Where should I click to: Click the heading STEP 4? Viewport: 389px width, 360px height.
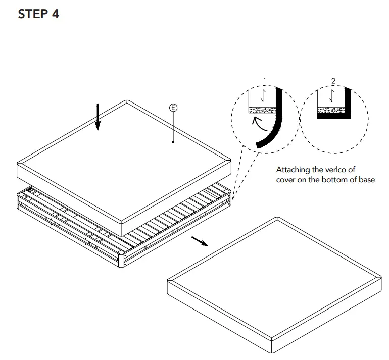(x=38, y=14)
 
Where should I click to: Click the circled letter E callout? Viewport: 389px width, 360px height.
(x=173, y=108)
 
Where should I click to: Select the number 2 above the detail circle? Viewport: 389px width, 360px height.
(x=333, y=81)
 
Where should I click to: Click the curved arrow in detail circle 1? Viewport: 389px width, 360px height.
(x=258, y=123)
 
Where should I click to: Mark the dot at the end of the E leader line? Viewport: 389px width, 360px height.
(x=173, y=142)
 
